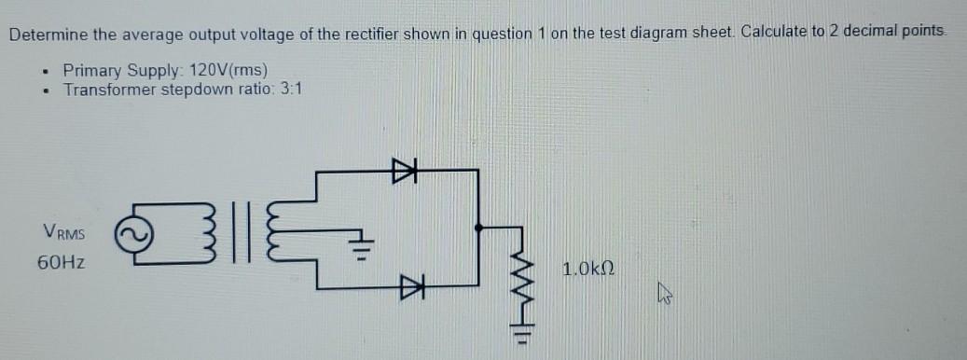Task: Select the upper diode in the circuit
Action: [403, 171]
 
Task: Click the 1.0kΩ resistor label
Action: [588, 270]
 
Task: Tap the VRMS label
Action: [63, 231]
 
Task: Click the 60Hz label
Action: [62, 263]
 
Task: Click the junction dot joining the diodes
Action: [478, 227]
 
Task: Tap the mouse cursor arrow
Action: [664, 297]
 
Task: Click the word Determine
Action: [48, 35]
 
